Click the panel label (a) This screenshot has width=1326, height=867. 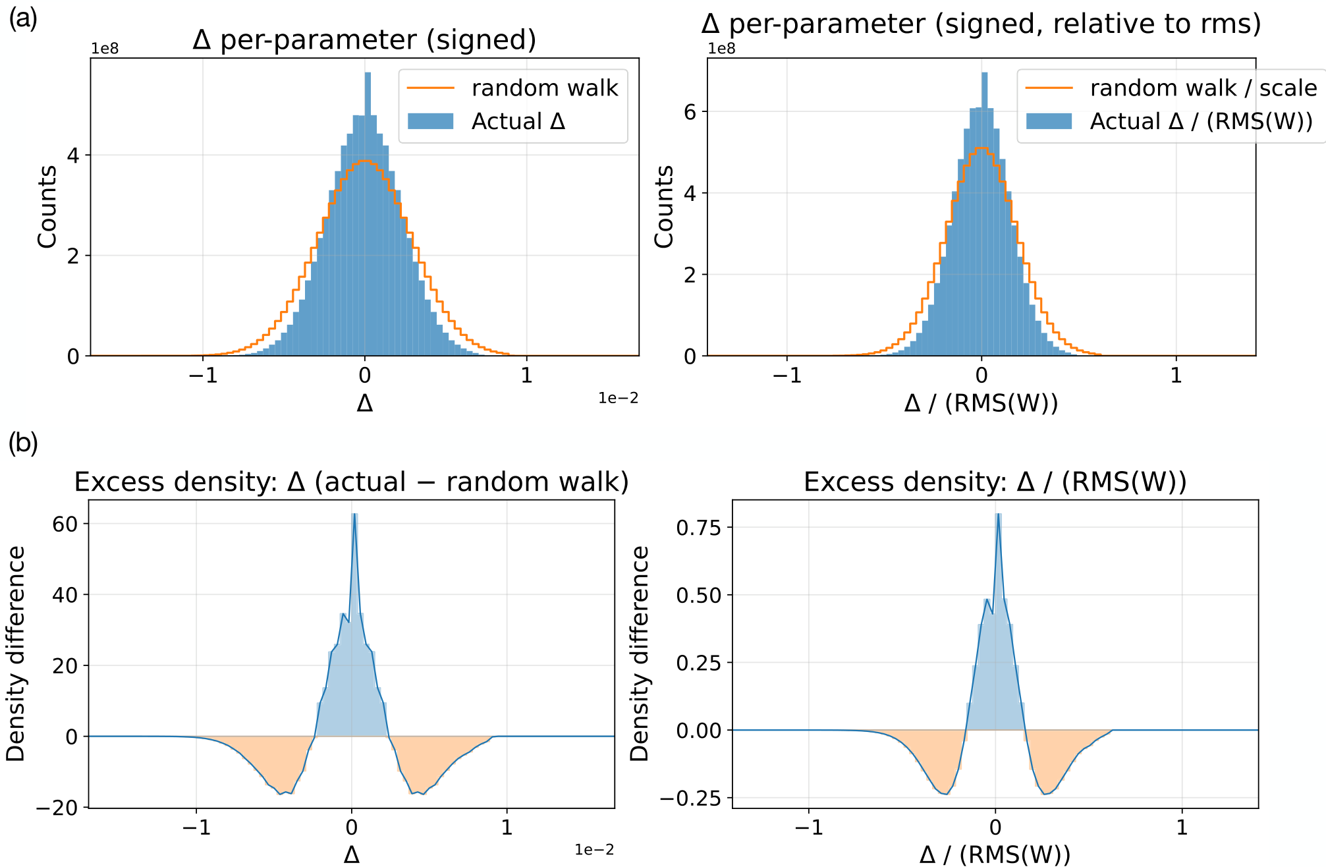click(22, 18)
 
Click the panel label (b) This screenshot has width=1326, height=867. click(23, 443)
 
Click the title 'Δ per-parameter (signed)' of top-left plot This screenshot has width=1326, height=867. click(364, 40)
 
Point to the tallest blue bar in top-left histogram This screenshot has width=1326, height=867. click(368, 214)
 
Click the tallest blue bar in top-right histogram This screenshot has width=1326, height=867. click(984, 214)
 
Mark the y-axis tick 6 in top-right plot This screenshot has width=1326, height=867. click(689, 112)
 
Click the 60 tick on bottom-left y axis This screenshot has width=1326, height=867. click(65, 524)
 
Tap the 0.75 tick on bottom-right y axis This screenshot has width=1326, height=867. click(698, 527)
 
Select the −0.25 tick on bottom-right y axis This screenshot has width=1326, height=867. click(692, 798)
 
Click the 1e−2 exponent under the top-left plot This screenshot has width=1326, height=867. click(618, 398)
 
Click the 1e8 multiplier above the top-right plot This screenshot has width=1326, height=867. click(721, 49)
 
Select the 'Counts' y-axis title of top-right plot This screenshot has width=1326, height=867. click(664, 206)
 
